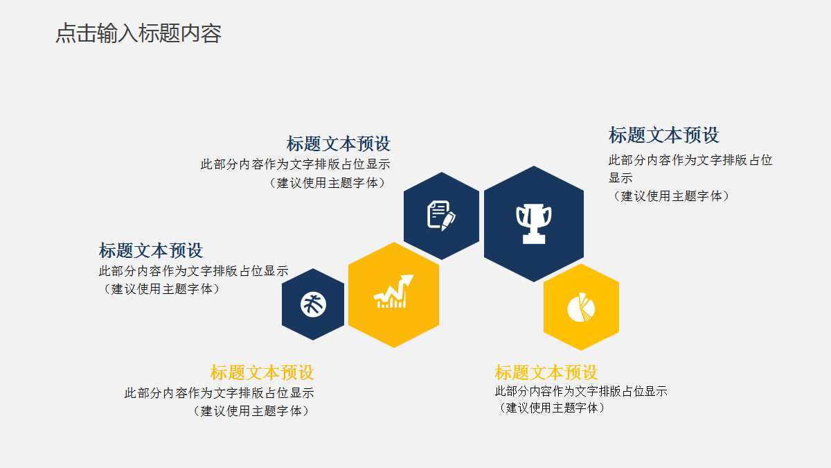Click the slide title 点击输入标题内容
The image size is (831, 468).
[138, 33]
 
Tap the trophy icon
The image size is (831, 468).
[534, 223]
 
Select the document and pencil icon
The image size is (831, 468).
[441, 215]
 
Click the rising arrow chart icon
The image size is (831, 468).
[393, 292]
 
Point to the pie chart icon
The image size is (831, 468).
[581, 307]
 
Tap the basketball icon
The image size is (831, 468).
[313, 304]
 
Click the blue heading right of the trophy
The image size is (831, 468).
[663, 135]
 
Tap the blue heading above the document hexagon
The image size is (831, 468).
[338, 144]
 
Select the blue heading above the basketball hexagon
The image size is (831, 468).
[151, 250]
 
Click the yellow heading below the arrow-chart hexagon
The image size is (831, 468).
[262, 372]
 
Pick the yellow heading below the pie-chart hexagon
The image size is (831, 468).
[546, 372]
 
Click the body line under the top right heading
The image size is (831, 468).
[690, 160]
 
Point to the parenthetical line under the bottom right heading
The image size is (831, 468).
[551, 408]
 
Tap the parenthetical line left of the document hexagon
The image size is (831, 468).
[327, 183]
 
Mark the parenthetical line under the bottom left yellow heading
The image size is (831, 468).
[251, 411]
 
